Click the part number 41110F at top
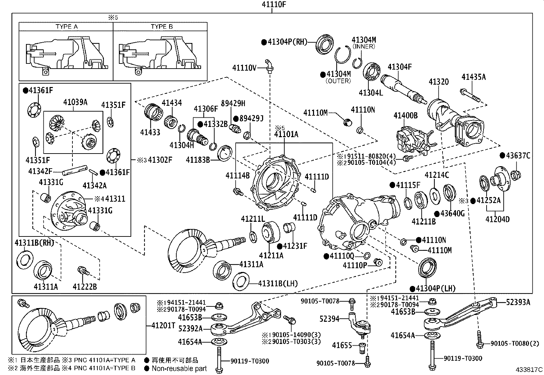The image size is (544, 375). pyautogui.click(x=272, y=4)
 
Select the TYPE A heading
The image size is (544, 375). pyautogui.click(x=66, y=27)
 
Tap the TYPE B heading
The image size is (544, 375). pyautogui.click(x=162, y=27)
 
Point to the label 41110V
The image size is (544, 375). pyautogui.click(x=244, y=68)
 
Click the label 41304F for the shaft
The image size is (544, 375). pyautogui.click(x=399, y=67)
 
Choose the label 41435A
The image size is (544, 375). pyautogui.click(x=473, y=77)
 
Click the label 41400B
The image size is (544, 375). pyautogui.click(x=405, y=116)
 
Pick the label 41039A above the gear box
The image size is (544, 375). pyautogui.click(x=75, y=102)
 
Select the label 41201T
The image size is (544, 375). pyautogui.click(x=163, y=326)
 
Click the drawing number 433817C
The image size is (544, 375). pyautogui.click(x=529, y=370)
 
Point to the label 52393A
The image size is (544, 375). pyautogui.click(x=518, y=302)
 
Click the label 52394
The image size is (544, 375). pyautogui.click(x=329, y=319)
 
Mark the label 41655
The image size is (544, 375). pyautogui.click(x=342, y=346)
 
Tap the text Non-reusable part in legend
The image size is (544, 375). pyautogui.click(x=179, y=369)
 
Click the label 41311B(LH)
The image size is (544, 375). pyautogui.click(x=278, y=284)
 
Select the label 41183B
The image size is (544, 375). pyautogui.click(x=198, y=159)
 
